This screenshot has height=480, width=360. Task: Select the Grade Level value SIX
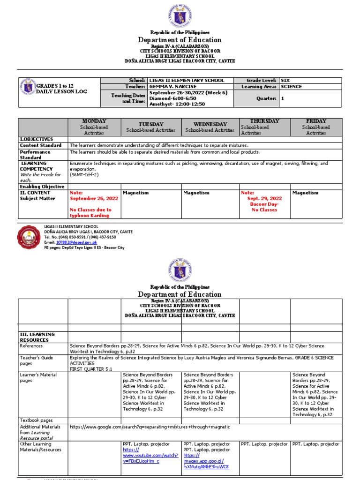click(285, 81)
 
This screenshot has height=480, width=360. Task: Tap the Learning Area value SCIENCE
click(291, 87)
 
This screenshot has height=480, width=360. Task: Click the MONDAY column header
click(94, 121)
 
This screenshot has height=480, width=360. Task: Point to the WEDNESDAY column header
click(210, 124)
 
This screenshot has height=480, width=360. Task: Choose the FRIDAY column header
click(315, 121)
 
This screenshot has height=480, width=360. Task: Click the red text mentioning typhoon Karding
click(90, 213)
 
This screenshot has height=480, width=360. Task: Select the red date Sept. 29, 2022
click(264, 198)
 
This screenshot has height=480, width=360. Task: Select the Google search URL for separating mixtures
click(150, 427)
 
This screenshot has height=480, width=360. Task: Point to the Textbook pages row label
click(36, 420)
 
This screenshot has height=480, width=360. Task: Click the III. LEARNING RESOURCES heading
click(37, 337)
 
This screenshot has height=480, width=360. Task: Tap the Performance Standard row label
click(35, 155)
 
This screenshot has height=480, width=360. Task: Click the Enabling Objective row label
click(42, 187)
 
